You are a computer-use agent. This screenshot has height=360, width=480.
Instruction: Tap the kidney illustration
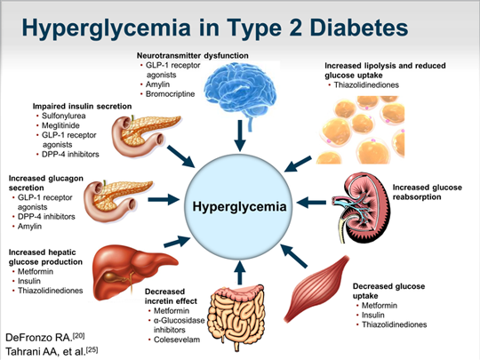point(361,208)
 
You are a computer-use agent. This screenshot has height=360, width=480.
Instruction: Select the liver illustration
point(135,273)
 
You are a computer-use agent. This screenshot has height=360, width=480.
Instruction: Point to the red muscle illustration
point(316,289)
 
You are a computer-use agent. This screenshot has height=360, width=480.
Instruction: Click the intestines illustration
point(236,316)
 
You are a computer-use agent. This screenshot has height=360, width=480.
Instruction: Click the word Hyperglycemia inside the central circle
point(239,206)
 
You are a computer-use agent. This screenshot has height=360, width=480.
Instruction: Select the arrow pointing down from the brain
point(240,135)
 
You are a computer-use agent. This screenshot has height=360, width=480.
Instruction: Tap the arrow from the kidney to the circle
point(311,203)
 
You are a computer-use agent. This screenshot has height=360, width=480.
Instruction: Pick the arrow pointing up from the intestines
point(239,273)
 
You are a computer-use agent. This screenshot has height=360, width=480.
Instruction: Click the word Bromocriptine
point(170,94)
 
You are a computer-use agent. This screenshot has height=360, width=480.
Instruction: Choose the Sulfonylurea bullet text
point(64,116)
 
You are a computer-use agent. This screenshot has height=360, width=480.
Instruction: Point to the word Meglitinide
point(60,125)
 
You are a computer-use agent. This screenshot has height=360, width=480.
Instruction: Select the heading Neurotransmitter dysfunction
point(193,55)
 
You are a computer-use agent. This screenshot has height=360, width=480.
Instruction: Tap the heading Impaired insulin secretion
point(82,107)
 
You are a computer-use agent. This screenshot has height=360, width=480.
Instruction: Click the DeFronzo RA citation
point(45,337)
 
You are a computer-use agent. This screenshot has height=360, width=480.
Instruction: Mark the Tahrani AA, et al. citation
point(52,351)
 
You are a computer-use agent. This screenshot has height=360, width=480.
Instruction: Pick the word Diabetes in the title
point(359,28)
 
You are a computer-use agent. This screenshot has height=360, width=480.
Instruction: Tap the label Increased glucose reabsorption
point(428,192)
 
